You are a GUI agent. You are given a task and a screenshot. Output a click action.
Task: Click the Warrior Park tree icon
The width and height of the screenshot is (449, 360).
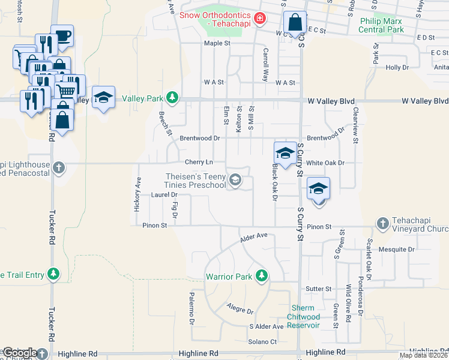pos(261,275)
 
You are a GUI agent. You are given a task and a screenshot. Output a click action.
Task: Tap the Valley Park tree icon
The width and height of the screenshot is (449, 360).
pos(172,98)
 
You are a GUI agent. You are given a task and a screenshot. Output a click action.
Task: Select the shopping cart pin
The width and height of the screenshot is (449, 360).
pos(67,91)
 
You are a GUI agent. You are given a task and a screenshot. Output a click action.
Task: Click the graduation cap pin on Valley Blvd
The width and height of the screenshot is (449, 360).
pos(104,97)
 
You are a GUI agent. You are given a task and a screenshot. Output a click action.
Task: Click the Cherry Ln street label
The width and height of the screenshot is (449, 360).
pos(199,162)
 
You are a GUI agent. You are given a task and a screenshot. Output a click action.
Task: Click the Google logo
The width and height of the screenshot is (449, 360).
pos(19,353)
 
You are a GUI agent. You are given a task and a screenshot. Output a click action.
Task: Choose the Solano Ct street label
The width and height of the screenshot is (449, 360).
pos(263,341)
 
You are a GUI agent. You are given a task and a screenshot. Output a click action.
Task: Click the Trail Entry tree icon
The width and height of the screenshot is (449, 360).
pos(54,274)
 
